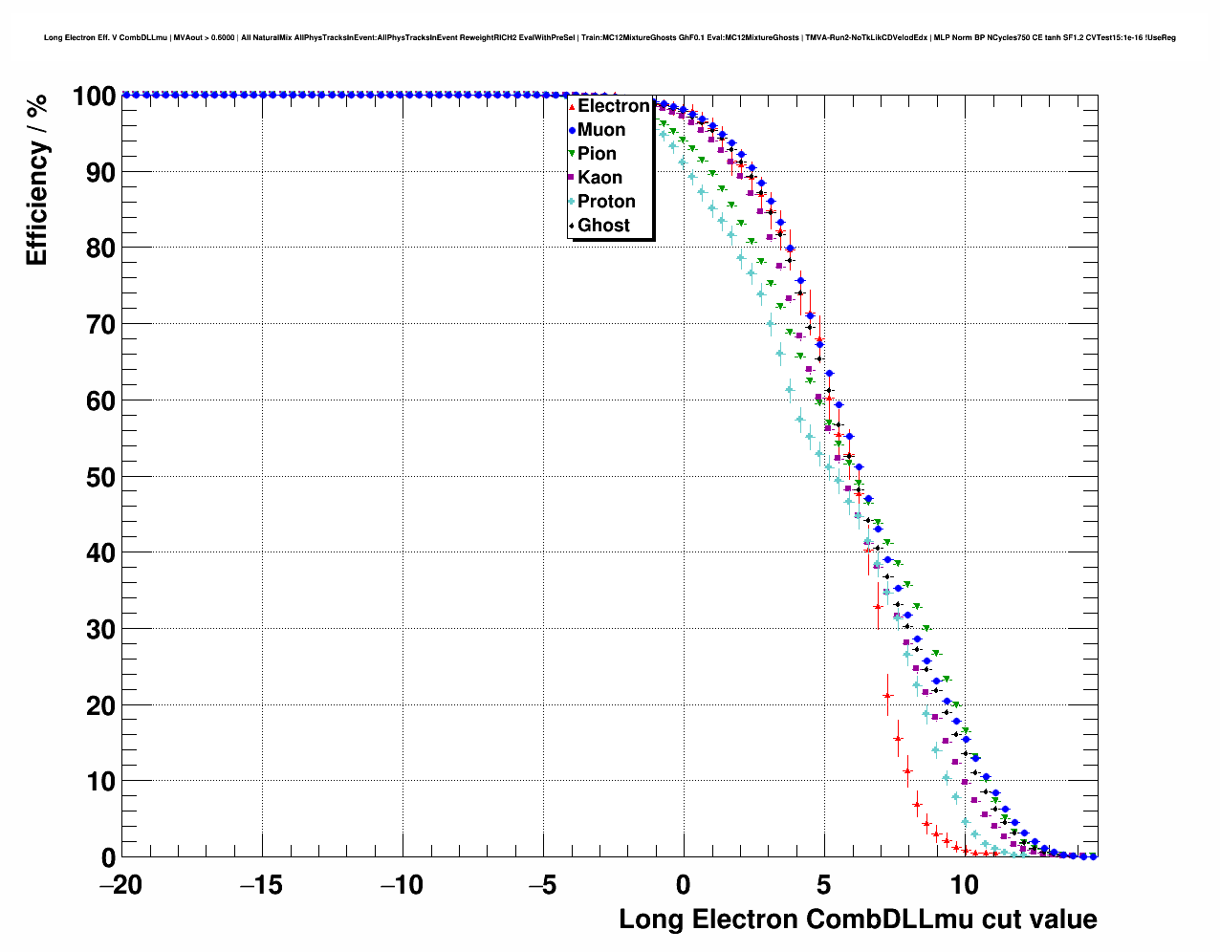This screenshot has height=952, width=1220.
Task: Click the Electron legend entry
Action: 613,106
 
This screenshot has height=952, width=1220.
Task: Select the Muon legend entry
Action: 601,130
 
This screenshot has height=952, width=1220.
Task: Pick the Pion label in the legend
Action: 597,154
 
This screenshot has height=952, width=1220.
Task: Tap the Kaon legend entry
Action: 599,178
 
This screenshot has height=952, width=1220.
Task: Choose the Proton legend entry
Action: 606,202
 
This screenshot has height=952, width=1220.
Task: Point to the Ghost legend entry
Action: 603,226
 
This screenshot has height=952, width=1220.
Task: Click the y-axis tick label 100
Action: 93,97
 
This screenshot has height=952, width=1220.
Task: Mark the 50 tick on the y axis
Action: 100,477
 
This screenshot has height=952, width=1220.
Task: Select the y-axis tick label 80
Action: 100,249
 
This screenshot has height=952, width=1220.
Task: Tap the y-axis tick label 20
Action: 100,705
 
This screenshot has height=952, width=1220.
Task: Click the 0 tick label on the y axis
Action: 108,857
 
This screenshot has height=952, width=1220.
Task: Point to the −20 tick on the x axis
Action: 120,885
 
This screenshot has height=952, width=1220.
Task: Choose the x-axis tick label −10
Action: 402,885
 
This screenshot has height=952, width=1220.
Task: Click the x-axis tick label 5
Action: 824,885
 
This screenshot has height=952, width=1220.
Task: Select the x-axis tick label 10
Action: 965,885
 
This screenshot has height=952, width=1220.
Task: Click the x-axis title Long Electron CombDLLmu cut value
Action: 858,920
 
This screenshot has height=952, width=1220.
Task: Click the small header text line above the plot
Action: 610,38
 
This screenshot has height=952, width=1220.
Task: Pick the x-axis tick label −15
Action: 261,885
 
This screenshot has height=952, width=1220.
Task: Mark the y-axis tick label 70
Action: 100,325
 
